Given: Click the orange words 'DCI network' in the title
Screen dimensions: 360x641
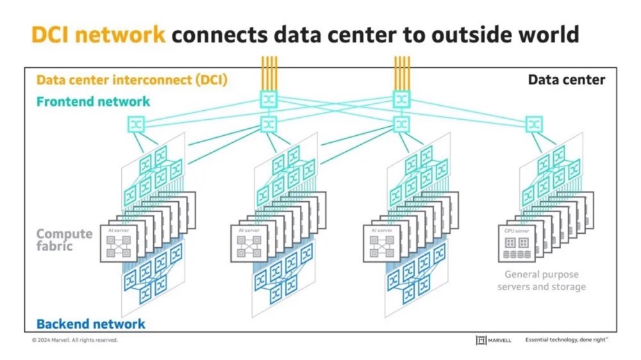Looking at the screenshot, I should [97, 34].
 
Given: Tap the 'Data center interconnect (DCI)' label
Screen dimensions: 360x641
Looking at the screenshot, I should [132, 81].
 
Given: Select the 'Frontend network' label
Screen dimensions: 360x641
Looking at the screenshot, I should [93, 101].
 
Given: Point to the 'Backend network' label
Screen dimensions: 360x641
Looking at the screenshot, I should [90, 324].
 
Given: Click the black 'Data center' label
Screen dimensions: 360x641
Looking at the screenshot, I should [566, 80].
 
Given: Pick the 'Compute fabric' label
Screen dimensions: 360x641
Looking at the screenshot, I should [64, 240].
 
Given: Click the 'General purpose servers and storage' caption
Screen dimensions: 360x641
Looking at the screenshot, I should [541, 281].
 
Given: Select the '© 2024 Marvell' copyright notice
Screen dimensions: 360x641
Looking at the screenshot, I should [74, 340].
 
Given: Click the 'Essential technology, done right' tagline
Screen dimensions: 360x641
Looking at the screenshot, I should [566, 340].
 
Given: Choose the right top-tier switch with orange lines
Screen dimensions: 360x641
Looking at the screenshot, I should [402, 99].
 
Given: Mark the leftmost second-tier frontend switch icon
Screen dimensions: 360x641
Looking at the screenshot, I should [137, 122].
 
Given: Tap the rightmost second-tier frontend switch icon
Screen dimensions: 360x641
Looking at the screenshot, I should [534, 122].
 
